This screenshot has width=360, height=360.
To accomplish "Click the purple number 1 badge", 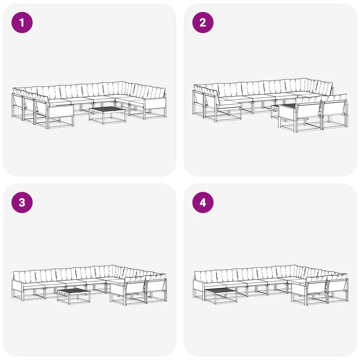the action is pos(22,22).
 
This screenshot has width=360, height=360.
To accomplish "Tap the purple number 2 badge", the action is pos(203,22).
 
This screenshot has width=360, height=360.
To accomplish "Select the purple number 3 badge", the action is pos(22,202).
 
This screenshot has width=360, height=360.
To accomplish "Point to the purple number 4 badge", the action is pos(203,202).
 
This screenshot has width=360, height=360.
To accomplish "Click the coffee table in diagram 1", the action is pos(108,114).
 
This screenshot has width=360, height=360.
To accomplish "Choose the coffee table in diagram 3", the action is pos(74,296).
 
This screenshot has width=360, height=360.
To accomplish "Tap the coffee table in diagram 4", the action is pos(221,296).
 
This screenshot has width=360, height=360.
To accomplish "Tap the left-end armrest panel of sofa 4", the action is pos(198,286).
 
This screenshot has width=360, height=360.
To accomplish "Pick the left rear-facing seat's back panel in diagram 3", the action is pos(134,287).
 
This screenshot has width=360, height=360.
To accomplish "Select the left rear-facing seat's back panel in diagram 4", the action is pos(316,288).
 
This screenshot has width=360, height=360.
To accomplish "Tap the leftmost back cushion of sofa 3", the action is pos(24,276).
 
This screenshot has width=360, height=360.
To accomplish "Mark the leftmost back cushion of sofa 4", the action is pos(205,276).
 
